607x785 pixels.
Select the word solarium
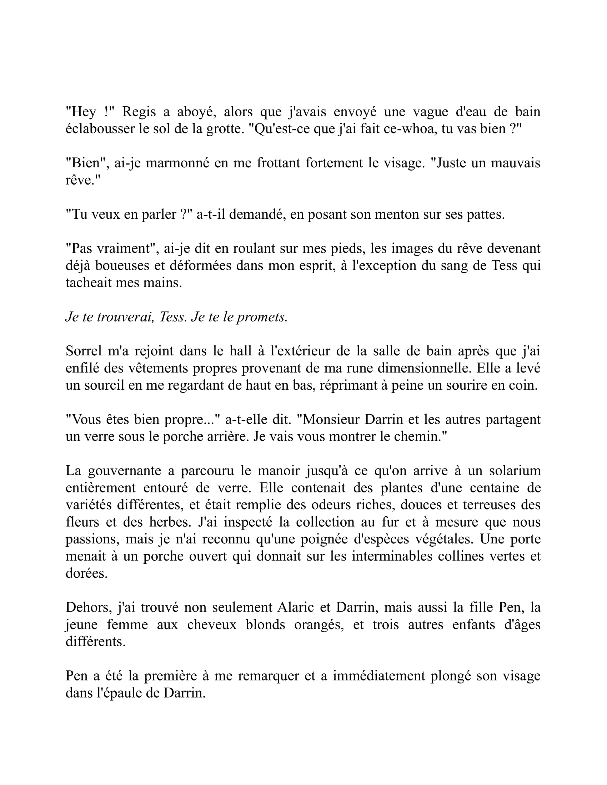pyautogui.click(x=515, y=471)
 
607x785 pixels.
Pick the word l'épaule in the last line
pyautogui.click(x=119, y=693)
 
